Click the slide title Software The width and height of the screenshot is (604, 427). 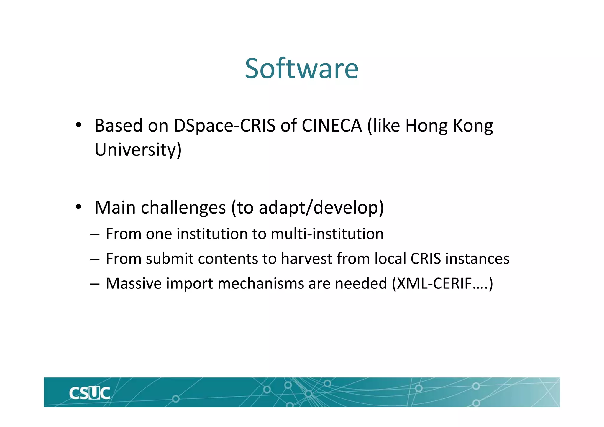click(302, 68)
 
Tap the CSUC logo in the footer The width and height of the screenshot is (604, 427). click(90, 393)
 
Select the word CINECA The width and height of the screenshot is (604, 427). click(331, 126)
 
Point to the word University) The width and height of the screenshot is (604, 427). click(138, 150)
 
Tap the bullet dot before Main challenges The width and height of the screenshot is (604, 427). click(78, 207)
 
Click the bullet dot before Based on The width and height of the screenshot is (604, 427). click(78, 125)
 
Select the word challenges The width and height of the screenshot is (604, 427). click(183, 208)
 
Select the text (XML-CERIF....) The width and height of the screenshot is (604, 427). click(442, 284)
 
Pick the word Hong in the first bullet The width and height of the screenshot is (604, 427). click(426, 126)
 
